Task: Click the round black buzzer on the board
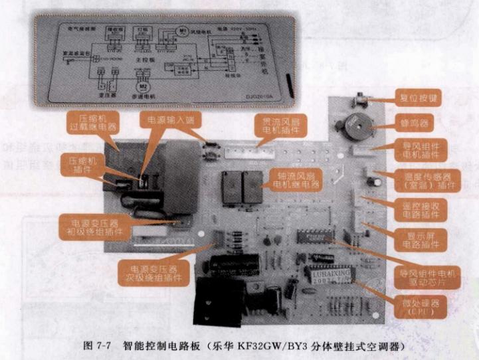349,125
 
